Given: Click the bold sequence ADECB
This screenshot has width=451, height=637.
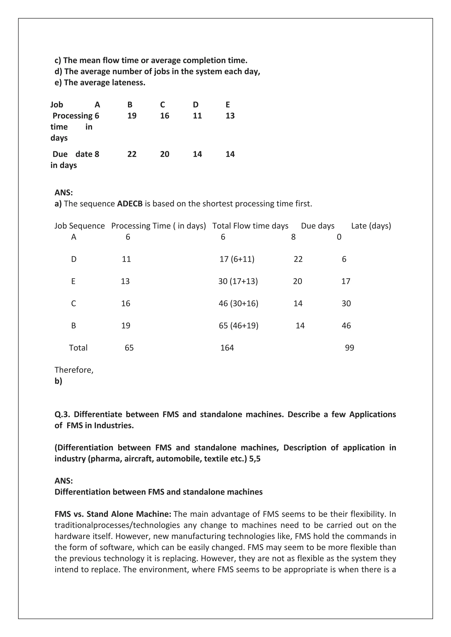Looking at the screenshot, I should [130, 204].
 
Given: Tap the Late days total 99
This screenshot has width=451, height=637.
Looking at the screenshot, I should [349, 348].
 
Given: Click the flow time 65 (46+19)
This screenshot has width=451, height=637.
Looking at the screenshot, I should [238, 326].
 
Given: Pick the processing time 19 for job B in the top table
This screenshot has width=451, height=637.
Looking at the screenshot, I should [132, 116].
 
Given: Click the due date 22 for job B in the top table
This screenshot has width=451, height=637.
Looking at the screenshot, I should [132, 154].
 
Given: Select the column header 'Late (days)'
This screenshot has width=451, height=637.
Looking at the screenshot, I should [371, 226].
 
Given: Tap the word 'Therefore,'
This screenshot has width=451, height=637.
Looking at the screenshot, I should [74, 370].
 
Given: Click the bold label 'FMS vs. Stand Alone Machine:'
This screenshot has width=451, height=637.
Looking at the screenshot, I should [113, 514].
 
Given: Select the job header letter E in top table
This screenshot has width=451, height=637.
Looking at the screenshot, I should [227, 105].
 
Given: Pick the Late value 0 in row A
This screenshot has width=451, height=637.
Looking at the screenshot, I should [339, 237].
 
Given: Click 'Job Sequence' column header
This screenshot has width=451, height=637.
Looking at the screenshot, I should [79, 226].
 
